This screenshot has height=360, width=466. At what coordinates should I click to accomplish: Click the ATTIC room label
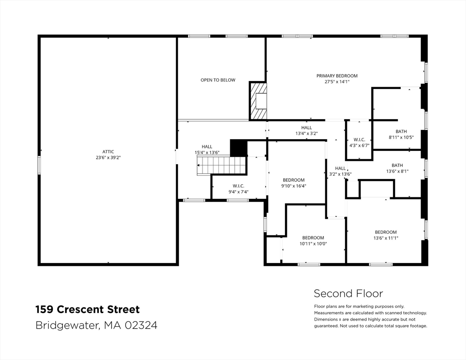coord(108,151)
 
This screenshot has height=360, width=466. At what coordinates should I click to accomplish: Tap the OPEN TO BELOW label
coord(218,80)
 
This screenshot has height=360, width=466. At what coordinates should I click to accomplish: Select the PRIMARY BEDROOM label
coord(337,76)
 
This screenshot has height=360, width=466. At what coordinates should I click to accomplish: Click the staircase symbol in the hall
coord(222,165)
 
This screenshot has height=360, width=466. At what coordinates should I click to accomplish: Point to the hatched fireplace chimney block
coord(258,101)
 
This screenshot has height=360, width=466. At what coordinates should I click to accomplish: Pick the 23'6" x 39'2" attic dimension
coord(108,157)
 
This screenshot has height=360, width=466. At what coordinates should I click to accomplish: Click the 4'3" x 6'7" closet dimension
coord(359,146)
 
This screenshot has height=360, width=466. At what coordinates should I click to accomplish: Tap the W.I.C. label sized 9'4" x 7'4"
coord(238,186)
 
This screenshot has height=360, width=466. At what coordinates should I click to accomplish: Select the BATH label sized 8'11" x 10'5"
coord(401,131)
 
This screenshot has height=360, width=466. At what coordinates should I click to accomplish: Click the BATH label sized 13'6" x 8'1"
coord(398,165)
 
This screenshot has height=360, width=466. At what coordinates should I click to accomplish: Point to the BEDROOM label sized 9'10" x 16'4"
coord(293,180)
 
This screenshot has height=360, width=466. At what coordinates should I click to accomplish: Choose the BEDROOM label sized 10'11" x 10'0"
coord(313,238)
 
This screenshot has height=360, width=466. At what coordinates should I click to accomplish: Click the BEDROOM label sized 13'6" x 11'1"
coord(386,232)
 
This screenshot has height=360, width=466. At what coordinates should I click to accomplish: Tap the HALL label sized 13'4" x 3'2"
coord(307,128)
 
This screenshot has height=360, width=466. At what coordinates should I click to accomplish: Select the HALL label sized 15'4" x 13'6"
coord(207,147)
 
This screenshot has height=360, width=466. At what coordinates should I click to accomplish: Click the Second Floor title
coord(348,294)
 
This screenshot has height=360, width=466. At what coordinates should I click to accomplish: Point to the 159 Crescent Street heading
coord(88,309)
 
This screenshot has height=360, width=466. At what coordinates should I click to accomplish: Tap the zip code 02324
coord(141,325)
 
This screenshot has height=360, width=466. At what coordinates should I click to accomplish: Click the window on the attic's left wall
coord(39,165)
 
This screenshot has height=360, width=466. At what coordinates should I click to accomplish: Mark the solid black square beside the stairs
coord(239,148)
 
